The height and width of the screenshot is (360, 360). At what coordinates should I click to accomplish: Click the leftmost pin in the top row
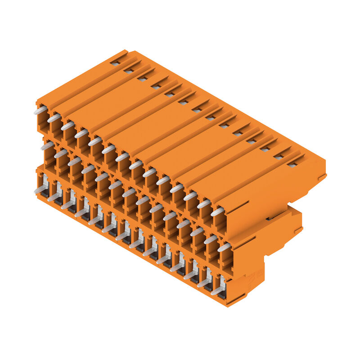tap(40, 110)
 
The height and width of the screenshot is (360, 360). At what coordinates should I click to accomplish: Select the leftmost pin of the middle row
tap(47, 146)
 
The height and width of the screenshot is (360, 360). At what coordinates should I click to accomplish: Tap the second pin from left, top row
tap(54, 118)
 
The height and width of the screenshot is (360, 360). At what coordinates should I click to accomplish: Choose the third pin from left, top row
tap(67, 126)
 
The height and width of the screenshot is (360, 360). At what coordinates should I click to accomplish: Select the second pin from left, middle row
tap(61, 153)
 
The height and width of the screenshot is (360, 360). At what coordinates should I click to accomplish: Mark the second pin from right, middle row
tap(210, 240)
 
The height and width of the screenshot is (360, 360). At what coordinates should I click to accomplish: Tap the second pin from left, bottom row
tap(54, 197)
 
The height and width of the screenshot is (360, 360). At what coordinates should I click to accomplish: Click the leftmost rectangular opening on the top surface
tap(116, 63)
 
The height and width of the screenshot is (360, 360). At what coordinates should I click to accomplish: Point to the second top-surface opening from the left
tap(129, 71)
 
